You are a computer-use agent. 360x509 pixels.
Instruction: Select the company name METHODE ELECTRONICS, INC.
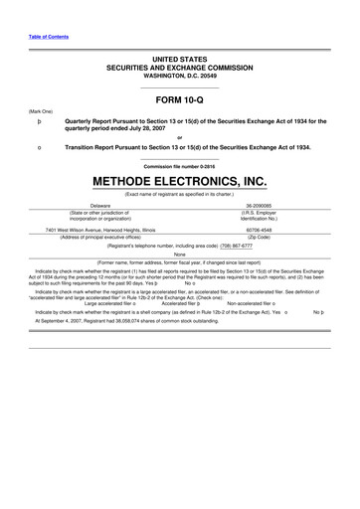coord(180,182)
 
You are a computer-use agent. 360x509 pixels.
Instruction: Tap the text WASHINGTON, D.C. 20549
coord(180,77)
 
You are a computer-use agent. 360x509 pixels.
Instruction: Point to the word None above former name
coord(179,254)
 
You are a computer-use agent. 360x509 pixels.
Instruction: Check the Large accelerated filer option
coord(111,302)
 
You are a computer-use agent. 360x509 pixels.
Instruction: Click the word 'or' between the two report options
coord(179,137)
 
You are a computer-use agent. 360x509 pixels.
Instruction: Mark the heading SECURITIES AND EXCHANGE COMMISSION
coord(180,68)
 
